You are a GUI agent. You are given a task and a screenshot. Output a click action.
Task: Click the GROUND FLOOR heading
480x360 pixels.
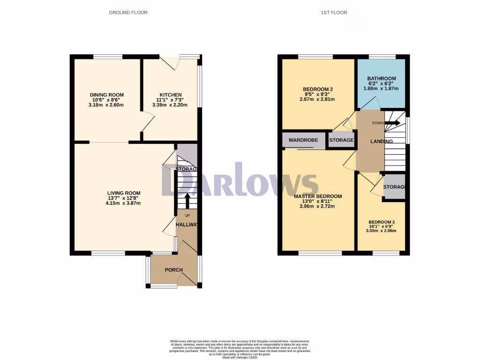tap(128, 13)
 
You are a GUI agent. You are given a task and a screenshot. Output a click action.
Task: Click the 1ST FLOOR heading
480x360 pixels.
tap(334, 13)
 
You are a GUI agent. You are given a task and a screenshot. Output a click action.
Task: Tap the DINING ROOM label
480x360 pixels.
tap(107, 95)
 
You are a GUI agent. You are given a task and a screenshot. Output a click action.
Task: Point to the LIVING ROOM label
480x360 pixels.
tap(124, 193)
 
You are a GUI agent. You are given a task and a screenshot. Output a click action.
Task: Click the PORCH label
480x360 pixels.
tap(173, 270)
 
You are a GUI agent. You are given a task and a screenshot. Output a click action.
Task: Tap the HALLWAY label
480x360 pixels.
tap(187, 225)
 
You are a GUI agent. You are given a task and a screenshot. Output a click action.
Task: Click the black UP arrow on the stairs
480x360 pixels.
tap(187, 201)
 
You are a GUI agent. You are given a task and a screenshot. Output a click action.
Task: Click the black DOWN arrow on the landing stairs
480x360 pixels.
tap(393, 123)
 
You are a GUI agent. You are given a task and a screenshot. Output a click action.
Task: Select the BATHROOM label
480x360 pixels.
tap(382, 79)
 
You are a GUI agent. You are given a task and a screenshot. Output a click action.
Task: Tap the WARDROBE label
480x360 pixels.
tap(303, 140)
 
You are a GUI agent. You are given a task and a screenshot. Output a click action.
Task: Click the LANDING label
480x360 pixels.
tap(382, 142)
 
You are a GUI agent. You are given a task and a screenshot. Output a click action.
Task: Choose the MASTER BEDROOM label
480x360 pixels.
tap(318, 196)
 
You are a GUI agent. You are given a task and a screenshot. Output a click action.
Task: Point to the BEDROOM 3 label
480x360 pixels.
tap(382, 222)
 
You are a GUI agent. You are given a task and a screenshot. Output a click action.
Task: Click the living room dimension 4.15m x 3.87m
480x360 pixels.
tap(123, 203)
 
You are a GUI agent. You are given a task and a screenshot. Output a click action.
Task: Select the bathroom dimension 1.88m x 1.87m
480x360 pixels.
tap(382, 89)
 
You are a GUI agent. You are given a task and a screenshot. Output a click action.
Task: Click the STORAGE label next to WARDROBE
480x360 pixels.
tap(341, 140)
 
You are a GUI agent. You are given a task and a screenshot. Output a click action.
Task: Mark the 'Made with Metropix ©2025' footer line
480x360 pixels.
tap(240, 358)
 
